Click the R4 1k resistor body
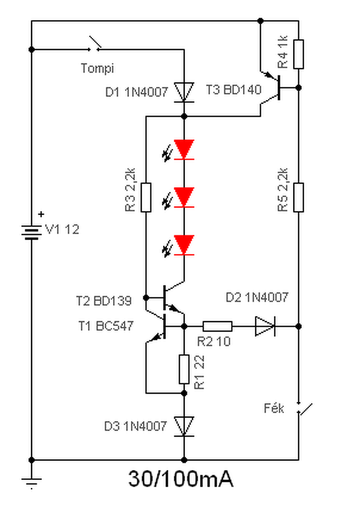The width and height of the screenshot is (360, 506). [x=298, y=54]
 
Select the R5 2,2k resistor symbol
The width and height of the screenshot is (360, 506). [x=298, y=198]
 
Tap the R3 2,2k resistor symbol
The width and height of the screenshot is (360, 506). [x=146, y=198]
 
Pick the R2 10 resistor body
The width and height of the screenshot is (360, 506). [x=217, y=326]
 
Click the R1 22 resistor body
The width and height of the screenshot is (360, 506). [x=184, y=369]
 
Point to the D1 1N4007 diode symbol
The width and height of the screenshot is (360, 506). [x=184, y=92]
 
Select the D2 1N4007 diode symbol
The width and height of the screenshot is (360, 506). [x=265, y=326]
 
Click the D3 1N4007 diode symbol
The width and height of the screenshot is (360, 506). [x=184, y=426]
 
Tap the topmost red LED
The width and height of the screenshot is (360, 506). [x=180, y=150]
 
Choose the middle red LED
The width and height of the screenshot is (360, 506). [x=180, y=198]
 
